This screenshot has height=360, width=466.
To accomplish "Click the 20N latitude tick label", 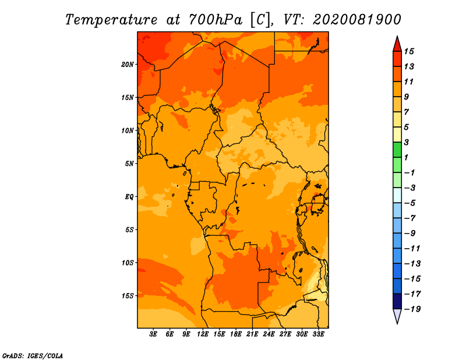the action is click(128, 65).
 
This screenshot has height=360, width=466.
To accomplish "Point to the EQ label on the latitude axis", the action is click(129, 197).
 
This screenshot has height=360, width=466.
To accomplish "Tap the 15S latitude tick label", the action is click(128, 296).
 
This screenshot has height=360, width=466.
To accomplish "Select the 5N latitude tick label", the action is click(129, 164).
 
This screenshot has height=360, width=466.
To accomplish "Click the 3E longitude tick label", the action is click(153, 334).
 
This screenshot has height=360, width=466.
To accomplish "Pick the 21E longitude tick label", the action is click(252, 334).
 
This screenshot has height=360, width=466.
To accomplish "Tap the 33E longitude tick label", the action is click(318, 334).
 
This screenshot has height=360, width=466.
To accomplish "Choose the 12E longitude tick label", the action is click(203, 334).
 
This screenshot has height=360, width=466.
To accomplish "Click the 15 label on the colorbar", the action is click(409, 51).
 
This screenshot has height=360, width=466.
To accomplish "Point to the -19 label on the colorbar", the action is click(412, 309).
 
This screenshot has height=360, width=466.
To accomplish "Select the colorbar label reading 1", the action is click(406, 157).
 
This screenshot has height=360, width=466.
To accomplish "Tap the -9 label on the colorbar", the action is click(410, 234).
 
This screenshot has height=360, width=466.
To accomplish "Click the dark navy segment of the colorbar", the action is click(397, 301).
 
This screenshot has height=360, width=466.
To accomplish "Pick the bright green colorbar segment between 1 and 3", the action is click(397, 150).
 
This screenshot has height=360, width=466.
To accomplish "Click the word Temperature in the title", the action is click(111, 20).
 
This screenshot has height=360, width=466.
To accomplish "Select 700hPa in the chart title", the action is click(216, 20).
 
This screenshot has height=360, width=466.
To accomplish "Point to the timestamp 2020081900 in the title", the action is click(357, 20).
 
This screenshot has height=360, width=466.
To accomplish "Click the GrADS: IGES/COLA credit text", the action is click(33, 356).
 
